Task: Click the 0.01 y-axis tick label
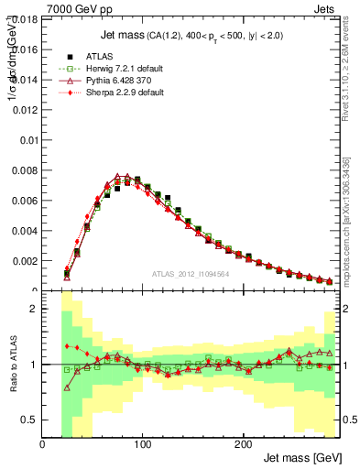click(28, 140)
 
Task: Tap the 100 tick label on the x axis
click(143, 445)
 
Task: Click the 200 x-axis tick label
click(243, 445)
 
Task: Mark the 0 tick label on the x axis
click(43, 445)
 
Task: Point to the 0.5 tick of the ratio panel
click(29, 420)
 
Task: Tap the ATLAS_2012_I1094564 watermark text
click(189, 274)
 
